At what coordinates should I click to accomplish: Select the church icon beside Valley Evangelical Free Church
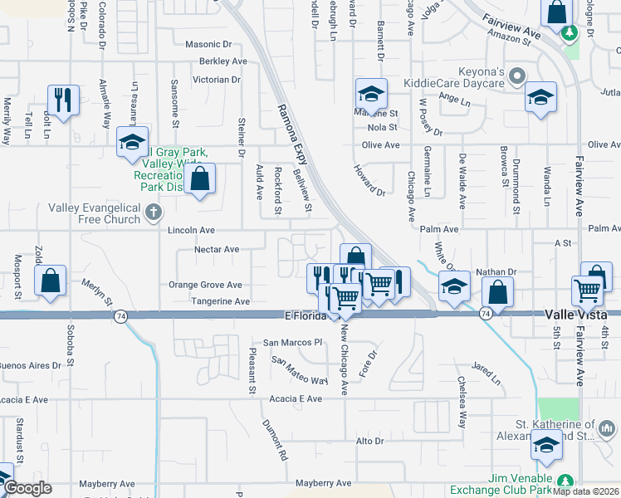[x=152, y=213]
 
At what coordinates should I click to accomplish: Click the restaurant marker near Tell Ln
[x=63, y=100]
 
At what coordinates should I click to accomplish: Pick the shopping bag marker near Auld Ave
[x=200, y=178]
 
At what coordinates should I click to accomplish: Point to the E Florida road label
[x=308, y=316]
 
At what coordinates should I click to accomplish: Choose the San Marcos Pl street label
[x=291, y=342]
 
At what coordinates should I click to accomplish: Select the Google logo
[x=27, y=489]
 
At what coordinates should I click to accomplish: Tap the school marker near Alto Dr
[x=545, y=447]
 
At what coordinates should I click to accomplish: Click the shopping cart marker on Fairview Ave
[x=587, y=290]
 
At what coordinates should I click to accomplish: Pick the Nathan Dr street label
[x=496, y=271]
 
